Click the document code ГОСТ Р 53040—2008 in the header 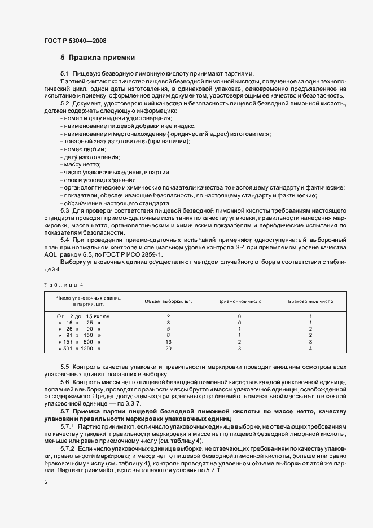[x=74, y=41]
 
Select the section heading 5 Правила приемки [x=97, y=58]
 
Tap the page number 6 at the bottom [x=45, y=482]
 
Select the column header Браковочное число [x=311, y=301]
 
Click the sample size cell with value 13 [x=168, y=341]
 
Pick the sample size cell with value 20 [x=168, y=349]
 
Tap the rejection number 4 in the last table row [x=311, y=349]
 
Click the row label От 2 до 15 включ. [x=84, y=316]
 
